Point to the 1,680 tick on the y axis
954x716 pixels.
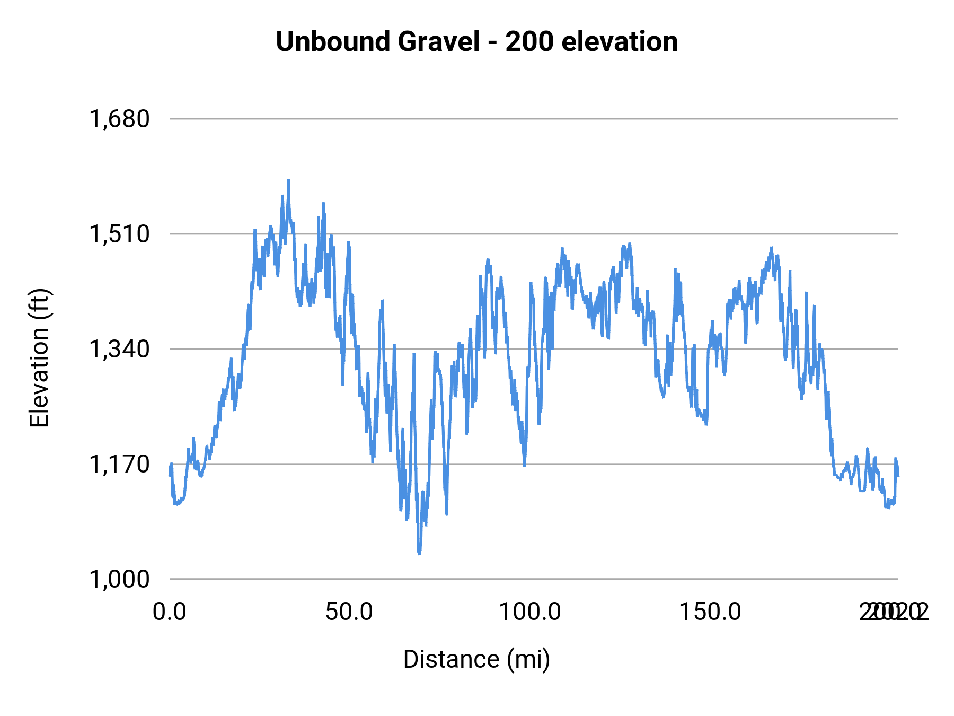120,119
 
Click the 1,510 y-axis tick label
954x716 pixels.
120,234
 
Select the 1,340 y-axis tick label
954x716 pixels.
120,349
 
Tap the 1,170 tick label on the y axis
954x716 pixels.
120,464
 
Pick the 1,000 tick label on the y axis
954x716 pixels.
120,579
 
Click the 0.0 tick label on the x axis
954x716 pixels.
170,612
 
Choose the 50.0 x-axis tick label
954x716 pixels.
349,612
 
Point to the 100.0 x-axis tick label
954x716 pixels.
530,612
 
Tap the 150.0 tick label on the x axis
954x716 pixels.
710,612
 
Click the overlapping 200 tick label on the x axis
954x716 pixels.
894,612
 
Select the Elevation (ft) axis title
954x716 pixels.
39,358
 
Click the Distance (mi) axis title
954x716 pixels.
476,659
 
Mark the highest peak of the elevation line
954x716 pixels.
289,180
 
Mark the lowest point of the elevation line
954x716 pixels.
419,553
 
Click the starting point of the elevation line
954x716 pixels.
170,475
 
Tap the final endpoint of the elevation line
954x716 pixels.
898,475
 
